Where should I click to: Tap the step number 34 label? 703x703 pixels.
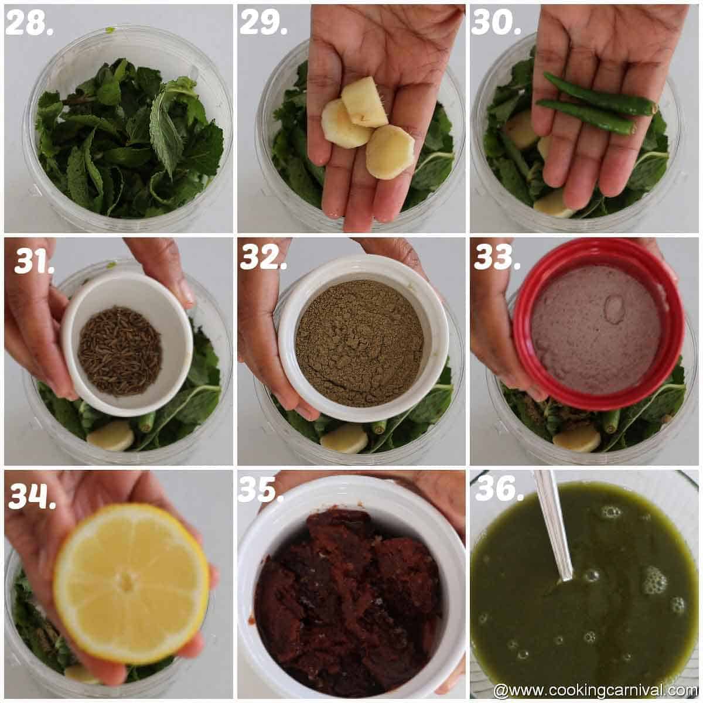pyautogui.click(x=32, y=496)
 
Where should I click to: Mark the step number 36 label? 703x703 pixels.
pyautogui.click(x=499, y=489)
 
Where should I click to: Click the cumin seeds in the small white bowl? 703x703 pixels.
pyautogui.click(x=120, y=350)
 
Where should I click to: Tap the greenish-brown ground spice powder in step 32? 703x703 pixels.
pyautogui.click(x=359, y=342)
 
